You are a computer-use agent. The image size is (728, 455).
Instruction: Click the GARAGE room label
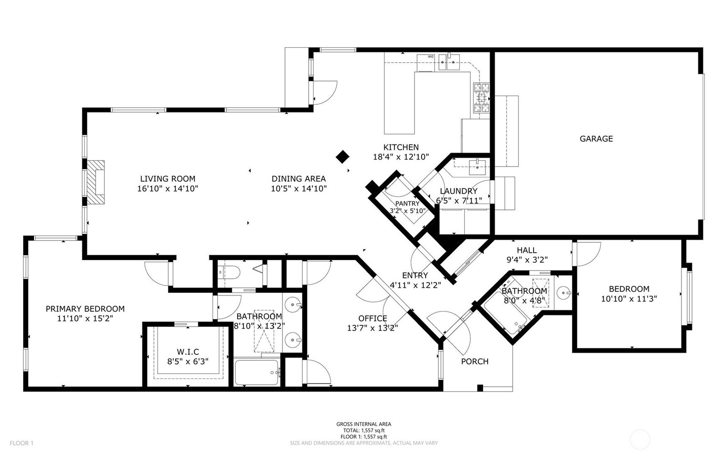coord(596,139)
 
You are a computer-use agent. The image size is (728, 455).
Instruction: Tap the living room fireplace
coord(96,182)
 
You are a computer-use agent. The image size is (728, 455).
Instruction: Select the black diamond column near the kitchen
coord(342,156)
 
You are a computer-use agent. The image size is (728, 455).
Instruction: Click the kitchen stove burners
coord(481,98)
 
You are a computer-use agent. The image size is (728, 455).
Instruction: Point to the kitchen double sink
coord(449,62)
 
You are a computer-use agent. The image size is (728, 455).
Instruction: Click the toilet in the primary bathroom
coord(229,272)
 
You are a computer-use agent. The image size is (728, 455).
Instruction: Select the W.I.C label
coord(188,352)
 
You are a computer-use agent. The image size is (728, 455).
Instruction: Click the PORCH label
coord(475,361)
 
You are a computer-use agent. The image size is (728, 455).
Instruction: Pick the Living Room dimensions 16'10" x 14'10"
coord(168,189)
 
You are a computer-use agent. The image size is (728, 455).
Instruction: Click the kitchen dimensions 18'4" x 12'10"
coord(401,157)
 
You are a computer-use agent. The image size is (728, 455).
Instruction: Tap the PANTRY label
coord(407,204)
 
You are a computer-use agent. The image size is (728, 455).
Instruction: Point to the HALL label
coord(527,251)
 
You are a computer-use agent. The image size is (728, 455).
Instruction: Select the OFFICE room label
coord(373,318)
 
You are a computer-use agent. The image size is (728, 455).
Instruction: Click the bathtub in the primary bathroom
coord(257,373)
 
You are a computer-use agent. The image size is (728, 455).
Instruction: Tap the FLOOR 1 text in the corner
coord(21,443)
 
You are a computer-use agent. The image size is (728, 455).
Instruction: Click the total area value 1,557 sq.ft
coord(373,430)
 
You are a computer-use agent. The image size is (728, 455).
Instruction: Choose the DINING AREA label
coord(299,179)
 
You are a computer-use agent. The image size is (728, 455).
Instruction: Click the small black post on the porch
coord(480,388)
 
